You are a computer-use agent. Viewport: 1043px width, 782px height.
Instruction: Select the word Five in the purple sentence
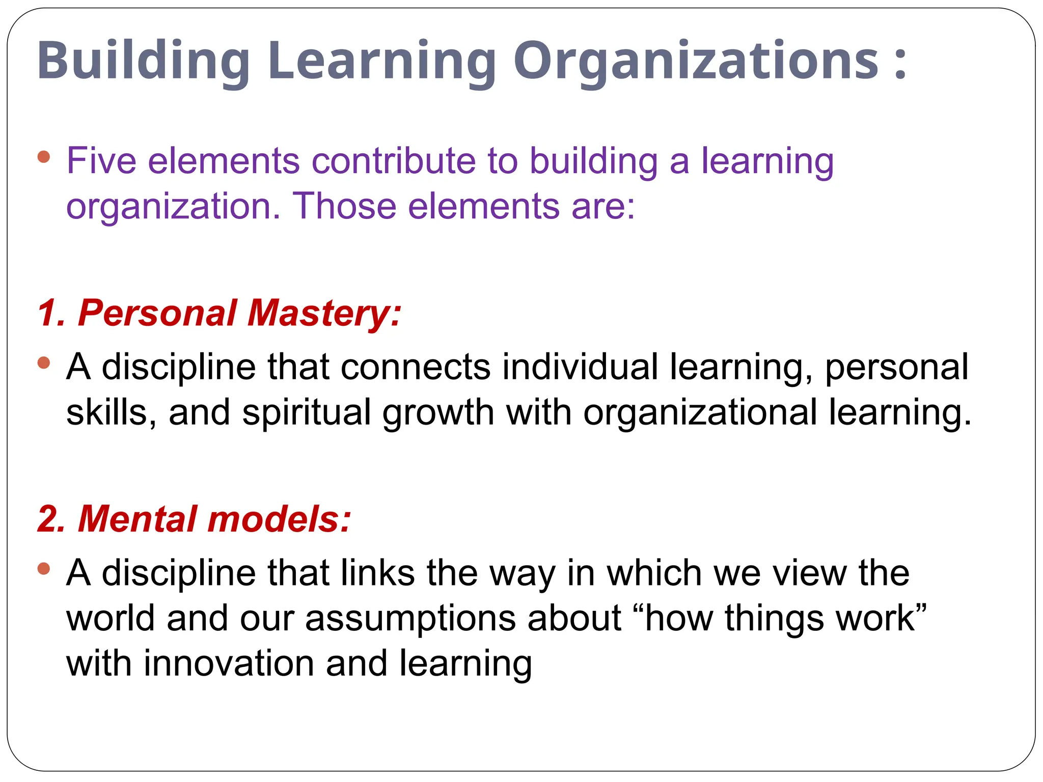101,161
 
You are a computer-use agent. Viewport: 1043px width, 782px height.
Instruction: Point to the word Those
344,206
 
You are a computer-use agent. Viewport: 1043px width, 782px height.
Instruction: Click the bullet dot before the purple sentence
44,157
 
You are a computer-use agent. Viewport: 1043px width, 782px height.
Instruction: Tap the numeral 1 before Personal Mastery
50,313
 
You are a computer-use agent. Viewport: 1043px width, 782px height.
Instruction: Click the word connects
416,367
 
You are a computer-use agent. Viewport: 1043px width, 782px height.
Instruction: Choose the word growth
438,412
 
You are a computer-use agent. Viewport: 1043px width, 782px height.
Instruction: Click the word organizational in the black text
700,412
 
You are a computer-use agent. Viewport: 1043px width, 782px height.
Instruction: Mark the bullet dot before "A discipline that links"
44,568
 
